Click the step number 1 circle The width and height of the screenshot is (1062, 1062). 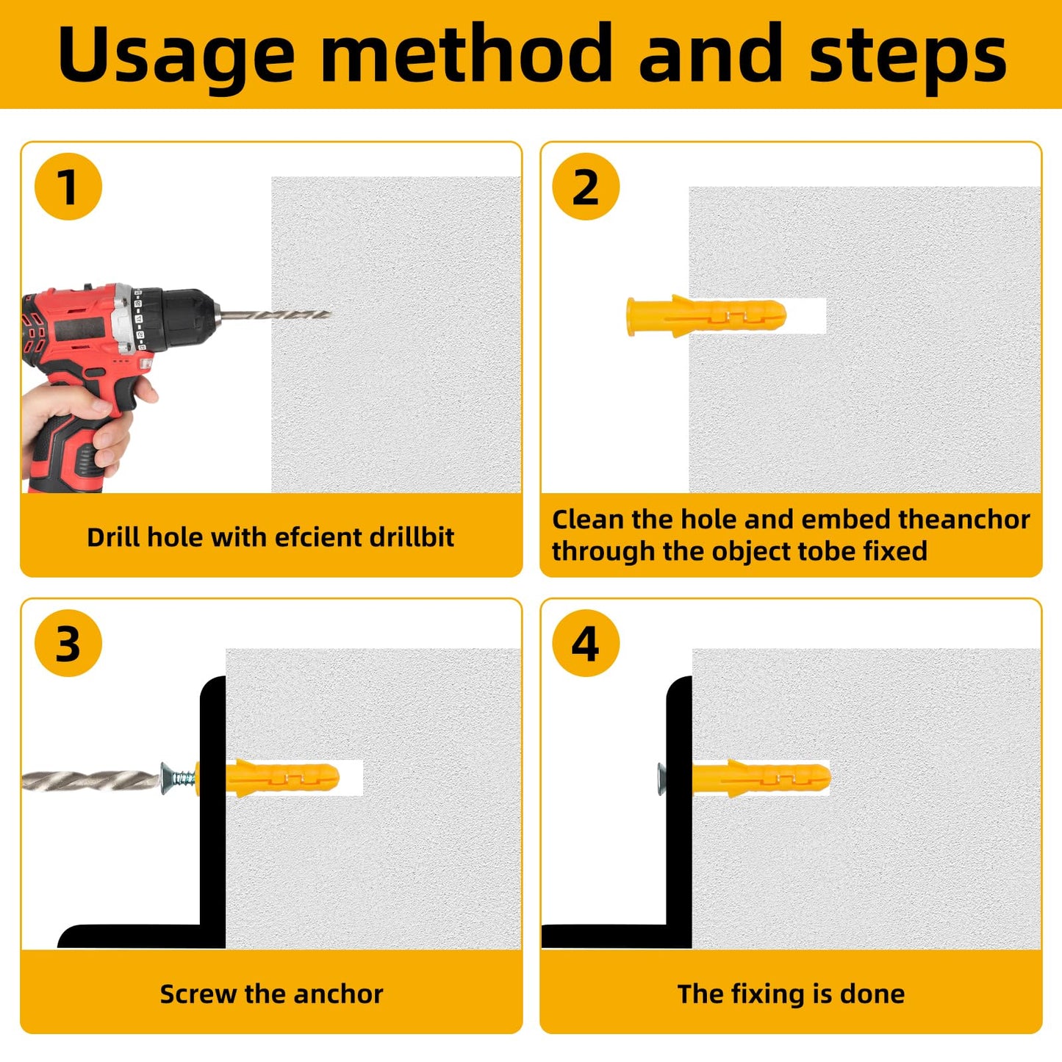pyautogui.click(x=68, y=186)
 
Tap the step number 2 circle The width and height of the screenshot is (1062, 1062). pyautogui.click(x=586, y=186)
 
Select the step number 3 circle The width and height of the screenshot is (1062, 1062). pyautogui.click(x=68, y=643)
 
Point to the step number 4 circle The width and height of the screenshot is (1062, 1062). pyautogui.click(x=586, y=643)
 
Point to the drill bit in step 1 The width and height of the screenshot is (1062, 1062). pyautogui.click(x=274, y=315)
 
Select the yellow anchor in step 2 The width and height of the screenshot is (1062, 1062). pyautogui.click(x=706, y=316)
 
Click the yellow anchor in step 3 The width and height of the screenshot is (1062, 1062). pyautogui.click(x=268, y=778)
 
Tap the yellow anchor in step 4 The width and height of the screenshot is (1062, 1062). pyautogui.click(x=761, y=778)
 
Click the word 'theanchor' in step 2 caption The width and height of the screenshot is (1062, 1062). pyautogui.click(x=964, y=520)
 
